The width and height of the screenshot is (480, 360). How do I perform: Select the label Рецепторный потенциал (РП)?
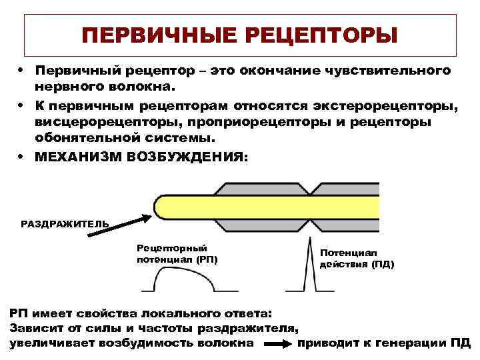click(x=177, y=253)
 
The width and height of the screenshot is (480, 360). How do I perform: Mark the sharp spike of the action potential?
click(x=309, y=263)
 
